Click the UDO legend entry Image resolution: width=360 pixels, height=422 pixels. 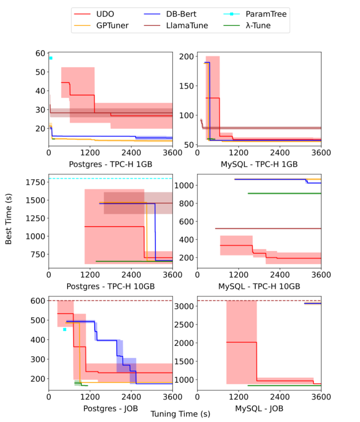105,14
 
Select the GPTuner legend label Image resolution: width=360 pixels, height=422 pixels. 112,26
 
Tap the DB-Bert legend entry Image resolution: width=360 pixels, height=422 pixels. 181,14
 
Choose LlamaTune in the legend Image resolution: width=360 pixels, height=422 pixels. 187,26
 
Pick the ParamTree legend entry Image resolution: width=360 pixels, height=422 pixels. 266,14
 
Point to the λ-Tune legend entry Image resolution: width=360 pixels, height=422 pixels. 258,26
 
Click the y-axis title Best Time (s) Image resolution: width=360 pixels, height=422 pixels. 9,219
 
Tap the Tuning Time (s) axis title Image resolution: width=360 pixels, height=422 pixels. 180,414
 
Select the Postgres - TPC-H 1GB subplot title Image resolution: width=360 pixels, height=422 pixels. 110,164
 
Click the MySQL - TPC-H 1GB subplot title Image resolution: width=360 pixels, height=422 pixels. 259,164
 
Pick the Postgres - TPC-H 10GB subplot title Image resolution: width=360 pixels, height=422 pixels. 110,286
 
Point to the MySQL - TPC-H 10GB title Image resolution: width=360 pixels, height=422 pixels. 259,286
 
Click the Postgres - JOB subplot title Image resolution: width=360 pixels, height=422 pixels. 110,409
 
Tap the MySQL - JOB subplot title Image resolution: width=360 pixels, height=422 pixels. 259,409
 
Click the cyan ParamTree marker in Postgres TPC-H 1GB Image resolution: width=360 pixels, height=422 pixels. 51,58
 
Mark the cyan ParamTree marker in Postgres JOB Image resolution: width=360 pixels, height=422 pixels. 65,329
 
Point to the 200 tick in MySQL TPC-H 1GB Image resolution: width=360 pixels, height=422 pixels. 186,57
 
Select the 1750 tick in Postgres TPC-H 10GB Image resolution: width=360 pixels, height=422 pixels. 35,182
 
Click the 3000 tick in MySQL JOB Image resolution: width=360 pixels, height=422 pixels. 184,306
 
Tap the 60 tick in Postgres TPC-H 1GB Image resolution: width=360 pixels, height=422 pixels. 40,53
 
